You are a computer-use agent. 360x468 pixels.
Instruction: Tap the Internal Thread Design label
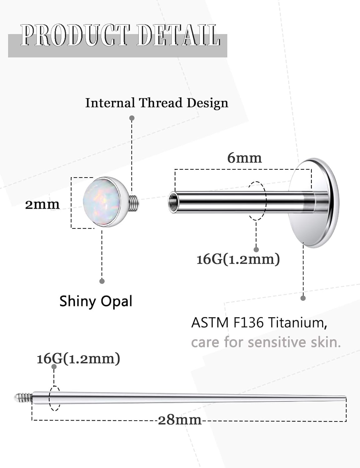pos(157,103)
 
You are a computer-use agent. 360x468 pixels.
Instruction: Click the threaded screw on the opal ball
pos(134,203)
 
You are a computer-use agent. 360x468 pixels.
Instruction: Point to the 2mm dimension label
pos(42,205)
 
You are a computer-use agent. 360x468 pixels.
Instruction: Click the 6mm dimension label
pos(244,158)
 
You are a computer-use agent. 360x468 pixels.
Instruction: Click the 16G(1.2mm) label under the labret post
pos(238,259)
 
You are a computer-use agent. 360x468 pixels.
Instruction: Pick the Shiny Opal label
pos(96,301)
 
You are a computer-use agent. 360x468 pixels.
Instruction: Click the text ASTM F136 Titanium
pos(259,323)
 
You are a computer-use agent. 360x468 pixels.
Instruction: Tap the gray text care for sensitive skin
pos(266,342)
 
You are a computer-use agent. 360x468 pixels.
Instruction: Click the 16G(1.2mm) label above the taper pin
pos(78,359)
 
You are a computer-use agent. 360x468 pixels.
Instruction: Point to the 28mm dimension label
pos(180,420)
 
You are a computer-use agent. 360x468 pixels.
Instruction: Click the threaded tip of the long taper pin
pos(23,397)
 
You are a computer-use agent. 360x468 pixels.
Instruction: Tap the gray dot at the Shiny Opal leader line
pos(102,281)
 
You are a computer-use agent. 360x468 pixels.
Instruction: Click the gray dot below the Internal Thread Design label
pos(132,118)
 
